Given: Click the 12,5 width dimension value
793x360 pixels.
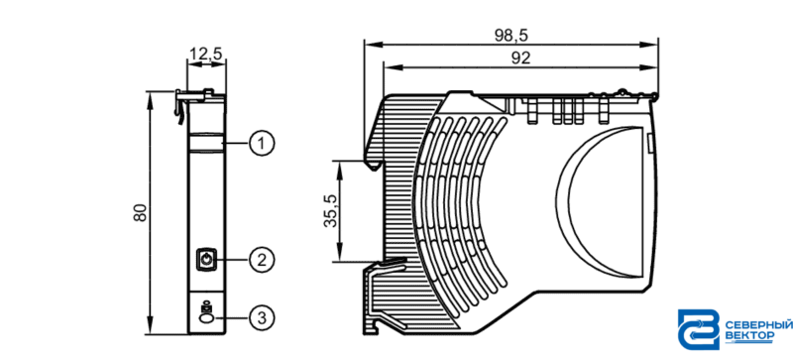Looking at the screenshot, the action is point(206,54).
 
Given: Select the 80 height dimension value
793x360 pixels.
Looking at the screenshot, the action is point(140,212).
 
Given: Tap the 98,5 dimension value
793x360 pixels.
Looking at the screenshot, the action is point(510,35).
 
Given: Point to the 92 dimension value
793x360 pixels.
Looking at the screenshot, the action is point(520,59).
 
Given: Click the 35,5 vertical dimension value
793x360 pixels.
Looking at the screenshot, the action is point(331,211).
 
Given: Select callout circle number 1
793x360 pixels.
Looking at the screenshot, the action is point(262,145).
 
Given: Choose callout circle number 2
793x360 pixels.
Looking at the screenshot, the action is point(262,260).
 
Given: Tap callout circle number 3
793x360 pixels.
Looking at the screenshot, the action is point(262,318).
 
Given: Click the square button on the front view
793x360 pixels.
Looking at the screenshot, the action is point(205,260).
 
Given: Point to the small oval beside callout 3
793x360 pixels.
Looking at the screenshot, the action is point(206,318).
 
